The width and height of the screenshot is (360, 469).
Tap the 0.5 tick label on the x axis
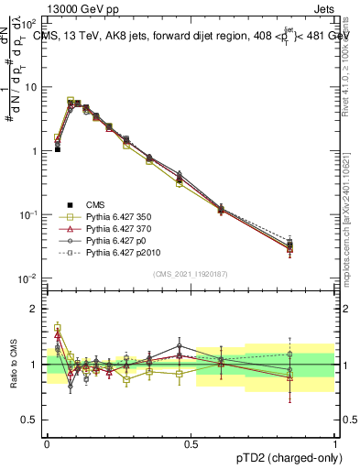[x=191, y=442]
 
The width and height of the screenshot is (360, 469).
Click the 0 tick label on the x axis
[x=47, y=442]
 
